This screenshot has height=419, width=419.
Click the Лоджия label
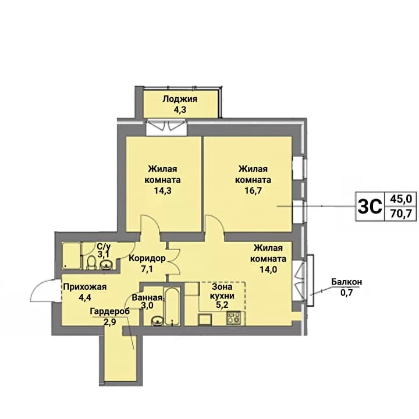click(180, 99)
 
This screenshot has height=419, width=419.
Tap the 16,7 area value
click(253, 191)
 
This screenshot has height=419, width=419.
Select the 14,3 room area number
click(162, 191)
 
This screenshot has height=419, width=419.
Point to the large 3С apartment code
click(370, 206)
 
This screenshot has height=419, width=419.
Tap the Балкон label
click(347, 282)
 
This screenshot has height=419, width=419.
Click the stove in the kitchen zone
click(233, 318)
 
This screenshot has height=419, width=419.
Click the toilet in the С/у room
click(92, 262)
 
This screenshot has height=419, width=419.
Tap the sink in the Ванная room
click(157, 321)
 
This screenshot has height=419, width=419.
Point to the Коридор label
click(147, 258)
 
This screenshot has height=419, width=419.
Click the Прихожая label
click(85, 287)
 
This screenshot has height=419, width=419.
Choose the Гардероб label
click(110, 311)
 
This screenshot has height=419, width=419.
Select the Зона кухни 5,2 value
click(222, 304)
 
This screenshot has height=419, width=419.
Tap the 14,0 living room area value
click(268, 269)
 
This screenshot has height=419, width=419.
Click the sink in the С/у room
click(106, 265)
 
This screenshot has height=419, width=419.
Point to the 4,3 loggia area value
click(180, 109)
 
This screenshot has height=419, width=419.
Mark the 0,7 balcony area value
click(347, 292)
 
